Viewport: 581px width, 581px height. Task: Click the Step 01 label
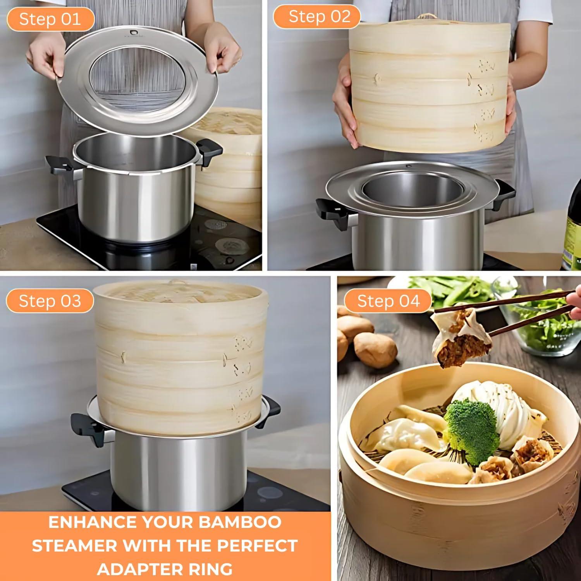coord(50,19)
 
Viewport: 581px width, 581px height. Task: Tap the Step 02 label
coord(319,17)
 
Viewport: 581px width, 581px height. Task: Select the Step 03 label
coord(50,301)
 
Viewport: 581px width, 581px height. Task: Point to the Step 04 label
coord(388,301)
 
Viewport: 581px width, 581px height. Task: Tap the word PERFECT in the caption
coord(257,545)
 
